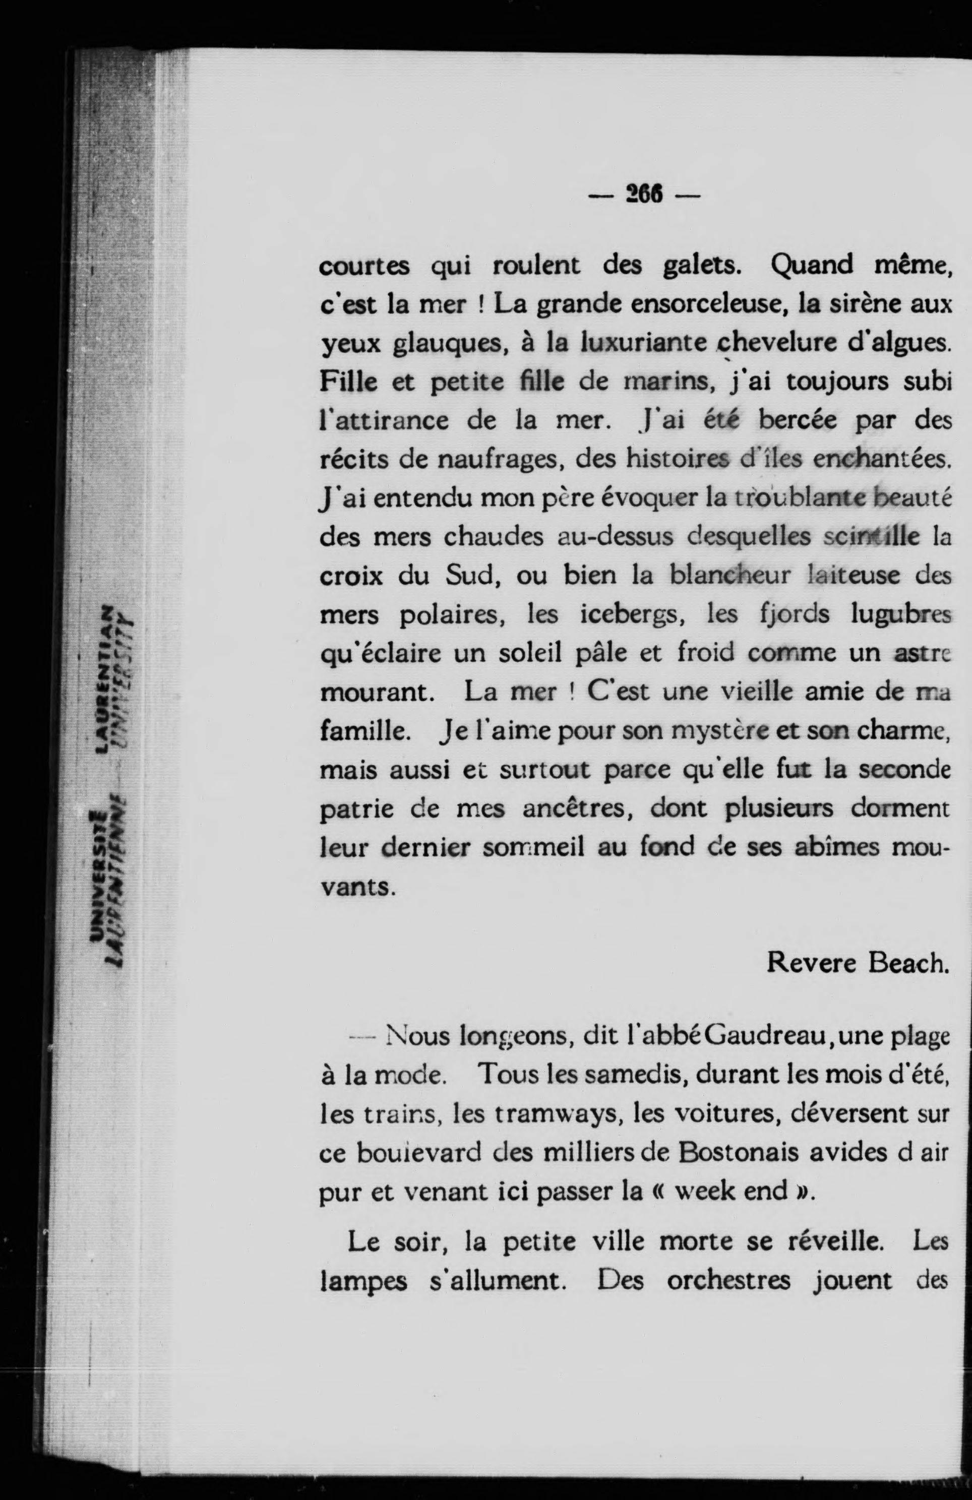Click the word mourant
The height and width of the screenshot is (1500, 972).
click(376, 692)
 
